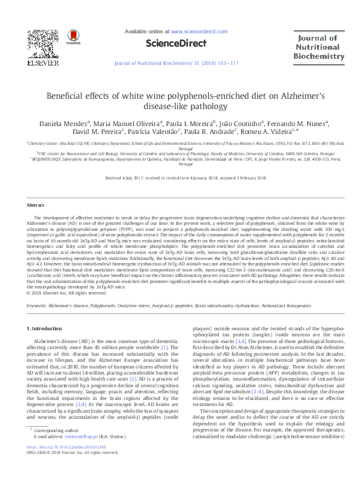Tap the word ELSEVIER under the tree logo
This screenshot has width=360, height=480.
click(42, 62)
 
